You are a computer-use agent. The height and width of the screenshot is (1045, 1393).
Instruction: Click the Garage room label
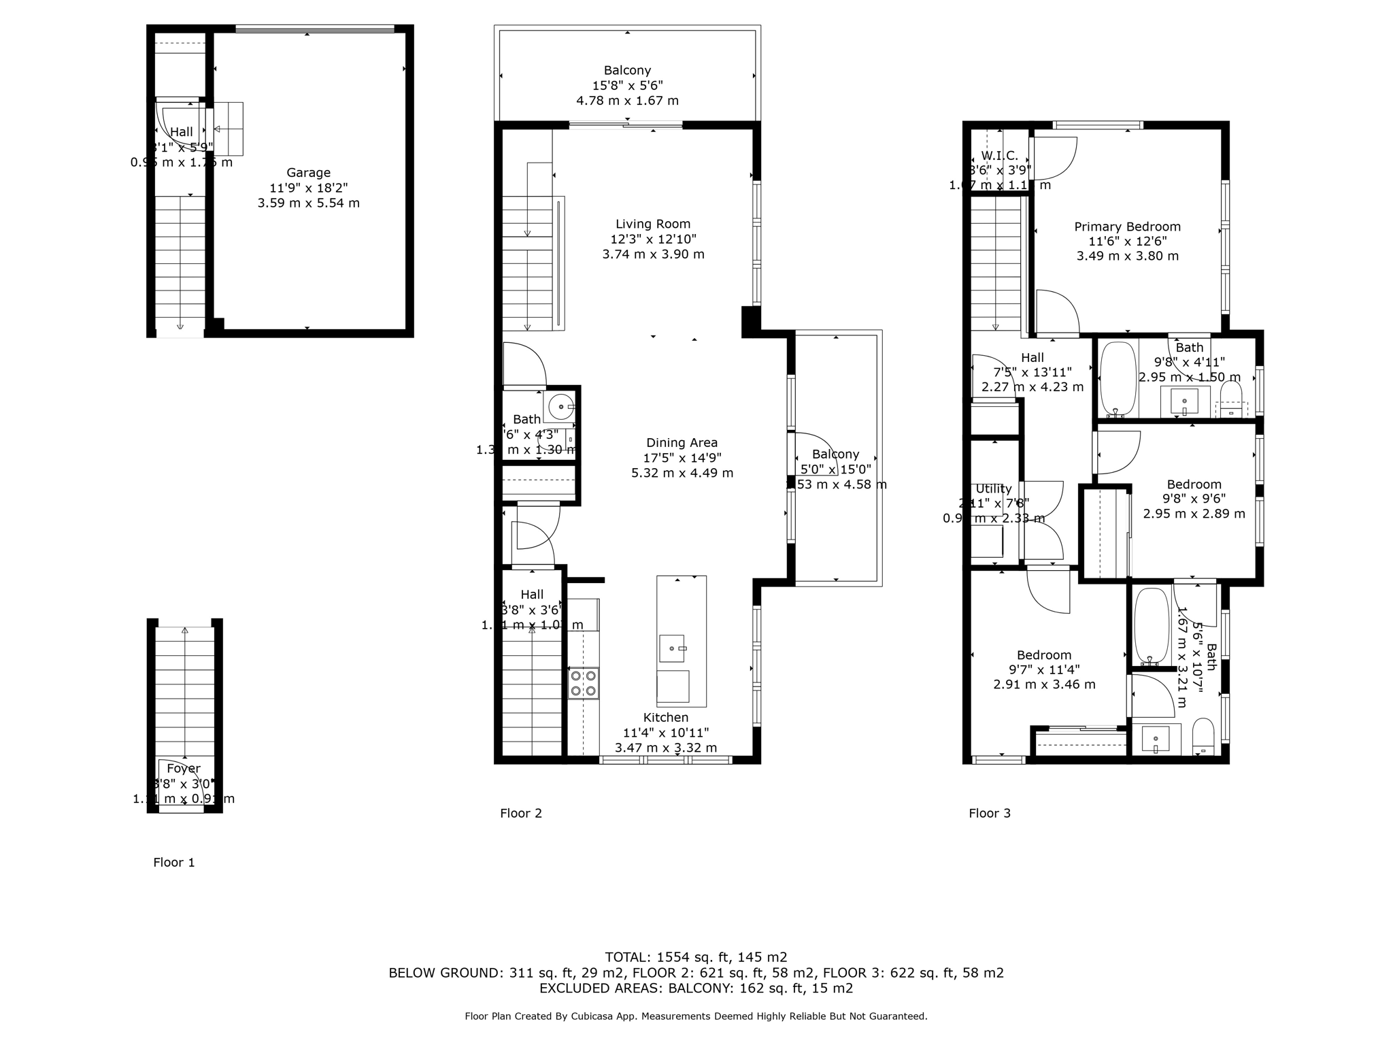(x=308, y=173)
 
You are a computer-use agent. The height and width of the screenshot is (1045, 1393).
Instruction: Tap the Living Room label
(x=653, y=224)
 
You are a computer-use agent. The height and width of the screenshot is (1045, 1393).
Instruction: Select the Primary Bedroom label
(x=1127, y=227)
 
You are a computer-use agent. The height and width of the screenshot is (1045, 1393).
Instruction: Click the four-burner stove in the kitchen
(x=584, y=683)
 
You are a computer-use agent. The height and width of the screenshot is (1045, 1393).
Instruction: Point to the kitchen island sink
(x=673, y=648)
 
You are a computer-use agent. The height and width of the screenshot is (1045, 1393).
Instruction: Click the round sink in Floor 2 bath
(x=561, y=407)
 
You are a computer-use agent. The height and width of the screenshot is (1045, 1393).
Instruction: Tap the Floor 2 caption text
(x=520, y=813)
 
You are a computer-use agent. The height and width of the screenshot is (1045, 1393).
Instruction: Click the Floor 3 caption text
(x=989, y=813)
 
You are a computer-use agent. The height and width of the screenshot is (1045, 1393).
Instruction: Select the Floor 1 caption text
(x=173, y=863)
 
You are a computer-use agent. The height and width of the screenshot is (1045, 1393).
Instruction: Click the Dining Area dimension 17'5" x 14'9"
(x=682, y=458)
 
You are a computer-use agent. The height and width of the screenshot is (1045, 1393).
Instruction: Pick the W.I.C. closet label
(x=999, y=156)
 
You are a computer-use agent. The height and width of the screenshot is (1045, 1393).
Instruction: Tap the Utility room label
(x=993, y=488)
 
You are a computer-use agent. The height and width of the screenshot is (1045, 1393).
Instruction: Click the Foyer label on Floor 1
(x=184, y=768)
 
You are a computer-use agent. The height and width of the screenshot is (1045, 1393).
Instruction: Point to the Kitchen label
(x=666, y=717)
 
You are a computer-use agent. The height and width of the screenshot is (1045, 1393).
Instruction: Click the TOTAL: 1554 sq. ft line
(x=696, y=957)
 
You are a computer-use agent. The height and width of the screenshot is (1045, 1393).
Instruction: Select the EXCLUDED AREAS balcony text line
(x=696, y=989)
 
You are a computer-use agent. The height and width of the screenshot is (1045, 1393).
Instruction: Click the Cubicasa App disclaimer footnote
(x=696, y=1016)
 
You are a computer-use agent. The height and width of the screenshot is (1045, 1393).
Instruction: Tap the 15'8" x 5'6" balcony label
(x=627, y=86)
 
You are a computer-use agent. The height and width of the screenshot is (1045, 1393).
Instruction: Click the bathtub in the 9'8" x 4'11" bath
(x=1118, y=379)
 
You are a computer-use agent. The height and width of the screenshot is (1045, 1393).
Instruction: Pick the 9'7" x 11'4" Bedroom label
(x=1044, y=655)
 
